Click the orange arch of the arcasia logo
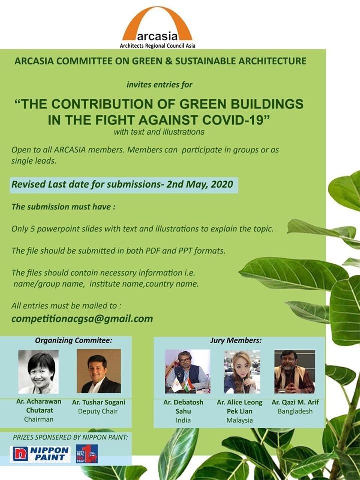coord(157,15)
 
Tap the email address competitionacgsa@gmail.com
coord(82,319)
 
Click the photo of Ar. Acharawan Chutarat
coord(38,371)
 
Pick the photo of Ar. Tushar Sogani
coord(98,371)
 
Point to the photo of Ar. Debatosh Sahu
coord(187,371)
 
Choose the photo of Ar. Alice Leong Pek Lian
coord(242,371)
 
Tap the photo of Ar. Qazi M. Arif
coord(294,371)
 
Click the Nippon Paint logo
coord(41,454)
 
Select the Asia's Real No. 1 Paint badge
coord(86,454)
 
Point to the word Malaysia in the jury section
coord(240,420)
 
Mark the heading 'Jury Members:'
coord(236,341)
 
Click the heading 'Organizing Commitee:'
coord(73,341)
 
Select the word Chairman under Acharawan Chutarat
coord(38,419)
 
